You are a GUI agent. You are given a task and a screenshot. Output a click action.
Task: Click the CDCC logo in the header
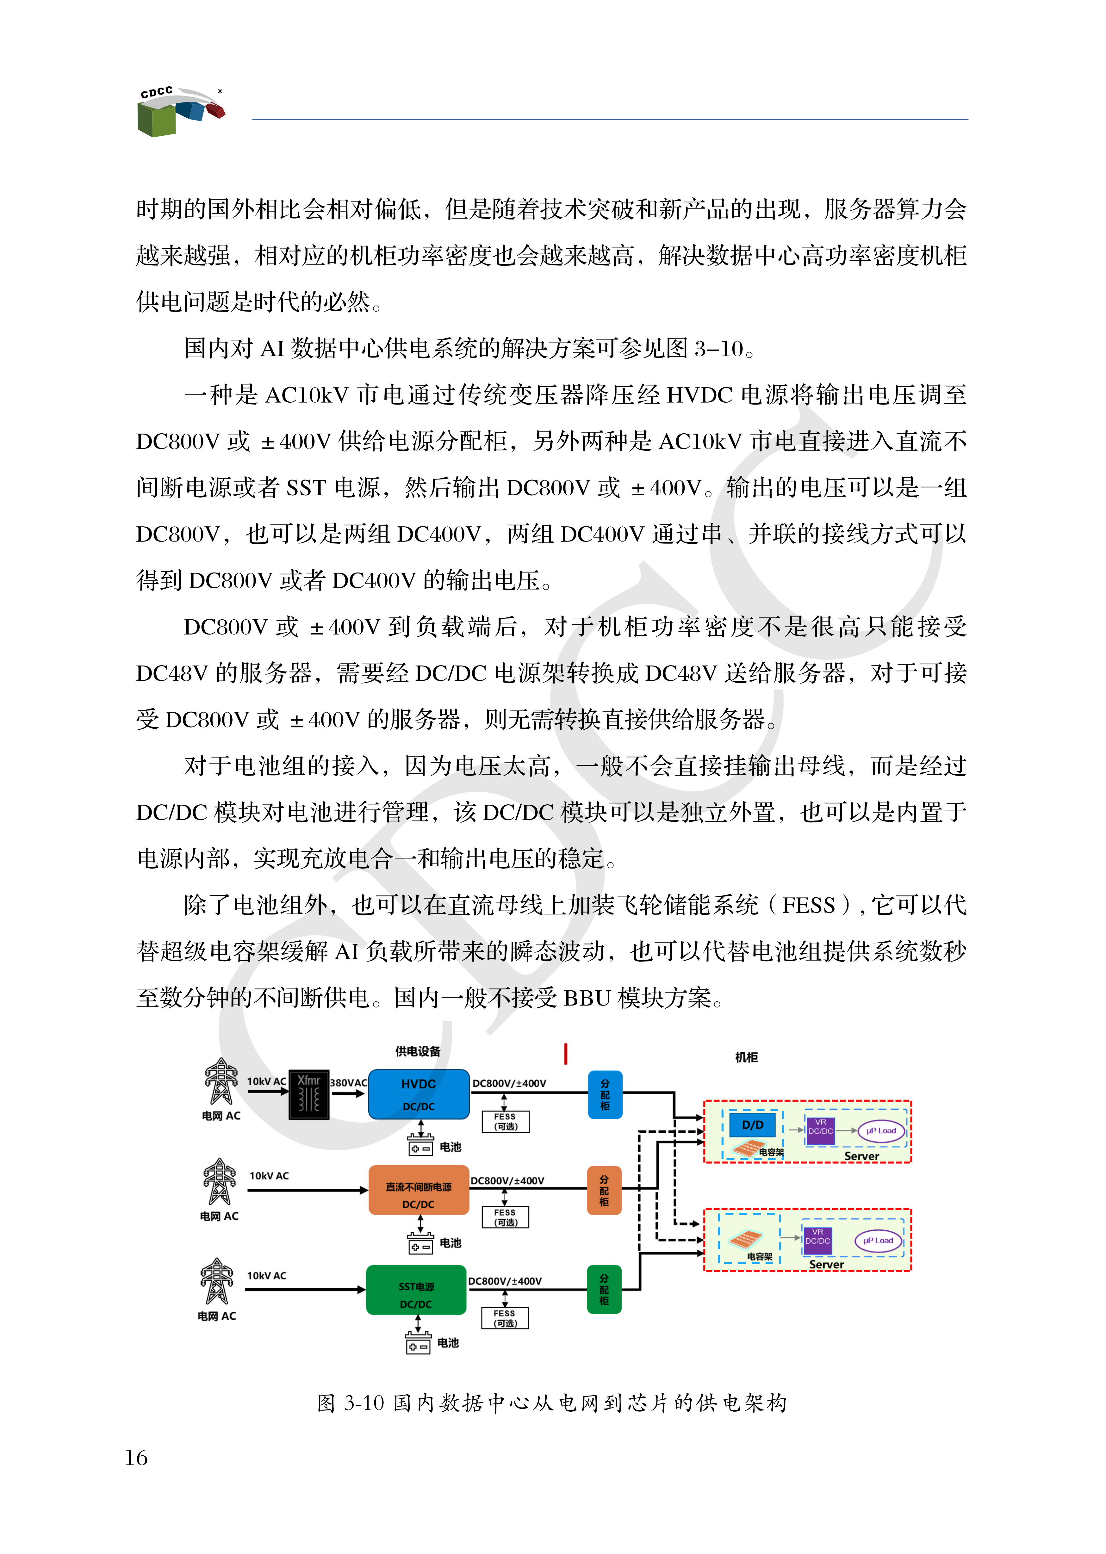[180, 111]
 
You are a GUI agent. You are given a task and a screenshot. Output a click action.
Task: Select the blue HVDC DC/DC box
[418, 1094]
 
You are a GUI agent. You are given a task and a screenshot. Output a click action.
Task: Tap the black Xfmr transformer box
[308, 1094]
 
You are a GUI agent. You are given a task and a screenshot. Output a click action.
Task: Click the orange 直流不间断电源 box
[418, 1190]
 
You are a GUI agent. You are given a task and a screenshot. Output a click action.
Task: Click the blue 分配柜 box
[605, 1094]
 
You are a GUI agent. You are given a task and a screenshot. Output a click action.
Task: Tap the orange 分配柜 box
[604, 1190]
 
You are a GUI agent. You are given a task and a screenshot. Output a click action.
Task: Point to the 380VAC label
[348, 1082]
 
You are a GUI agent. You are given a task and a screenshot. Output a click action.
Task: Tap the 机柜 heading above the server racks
[746, 1057]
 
